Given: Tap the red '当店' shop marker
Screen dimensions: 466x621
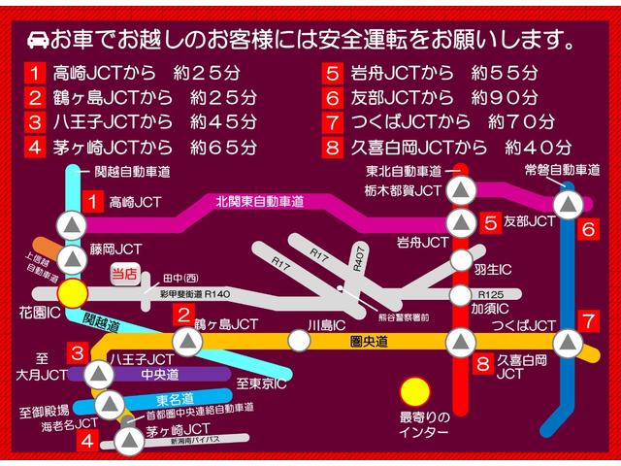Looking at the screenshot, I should (x=123, y=275).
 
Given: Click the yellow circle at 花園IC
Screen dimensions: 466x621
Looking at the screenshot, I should (x=71, y=293).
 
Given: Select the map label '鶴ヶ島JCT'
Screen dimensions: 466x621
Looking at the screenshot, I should (x=226, y=323).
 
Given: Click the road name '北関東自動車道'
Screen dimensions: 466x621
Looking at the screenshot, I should (x=260, y=202).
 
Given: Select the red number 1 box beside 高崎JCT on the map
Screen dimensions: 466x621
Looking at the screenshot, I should (x=91, y=202).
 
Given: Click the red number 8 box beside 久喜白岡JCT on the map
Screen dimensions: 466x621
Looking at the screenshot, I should (x=483, y=364).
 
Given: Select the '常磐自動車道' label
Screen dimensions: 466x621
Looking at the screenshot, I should (x=562, y=170).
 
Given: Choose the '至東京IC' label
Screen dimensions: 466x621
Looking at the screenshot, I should (x=261, y=385).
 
